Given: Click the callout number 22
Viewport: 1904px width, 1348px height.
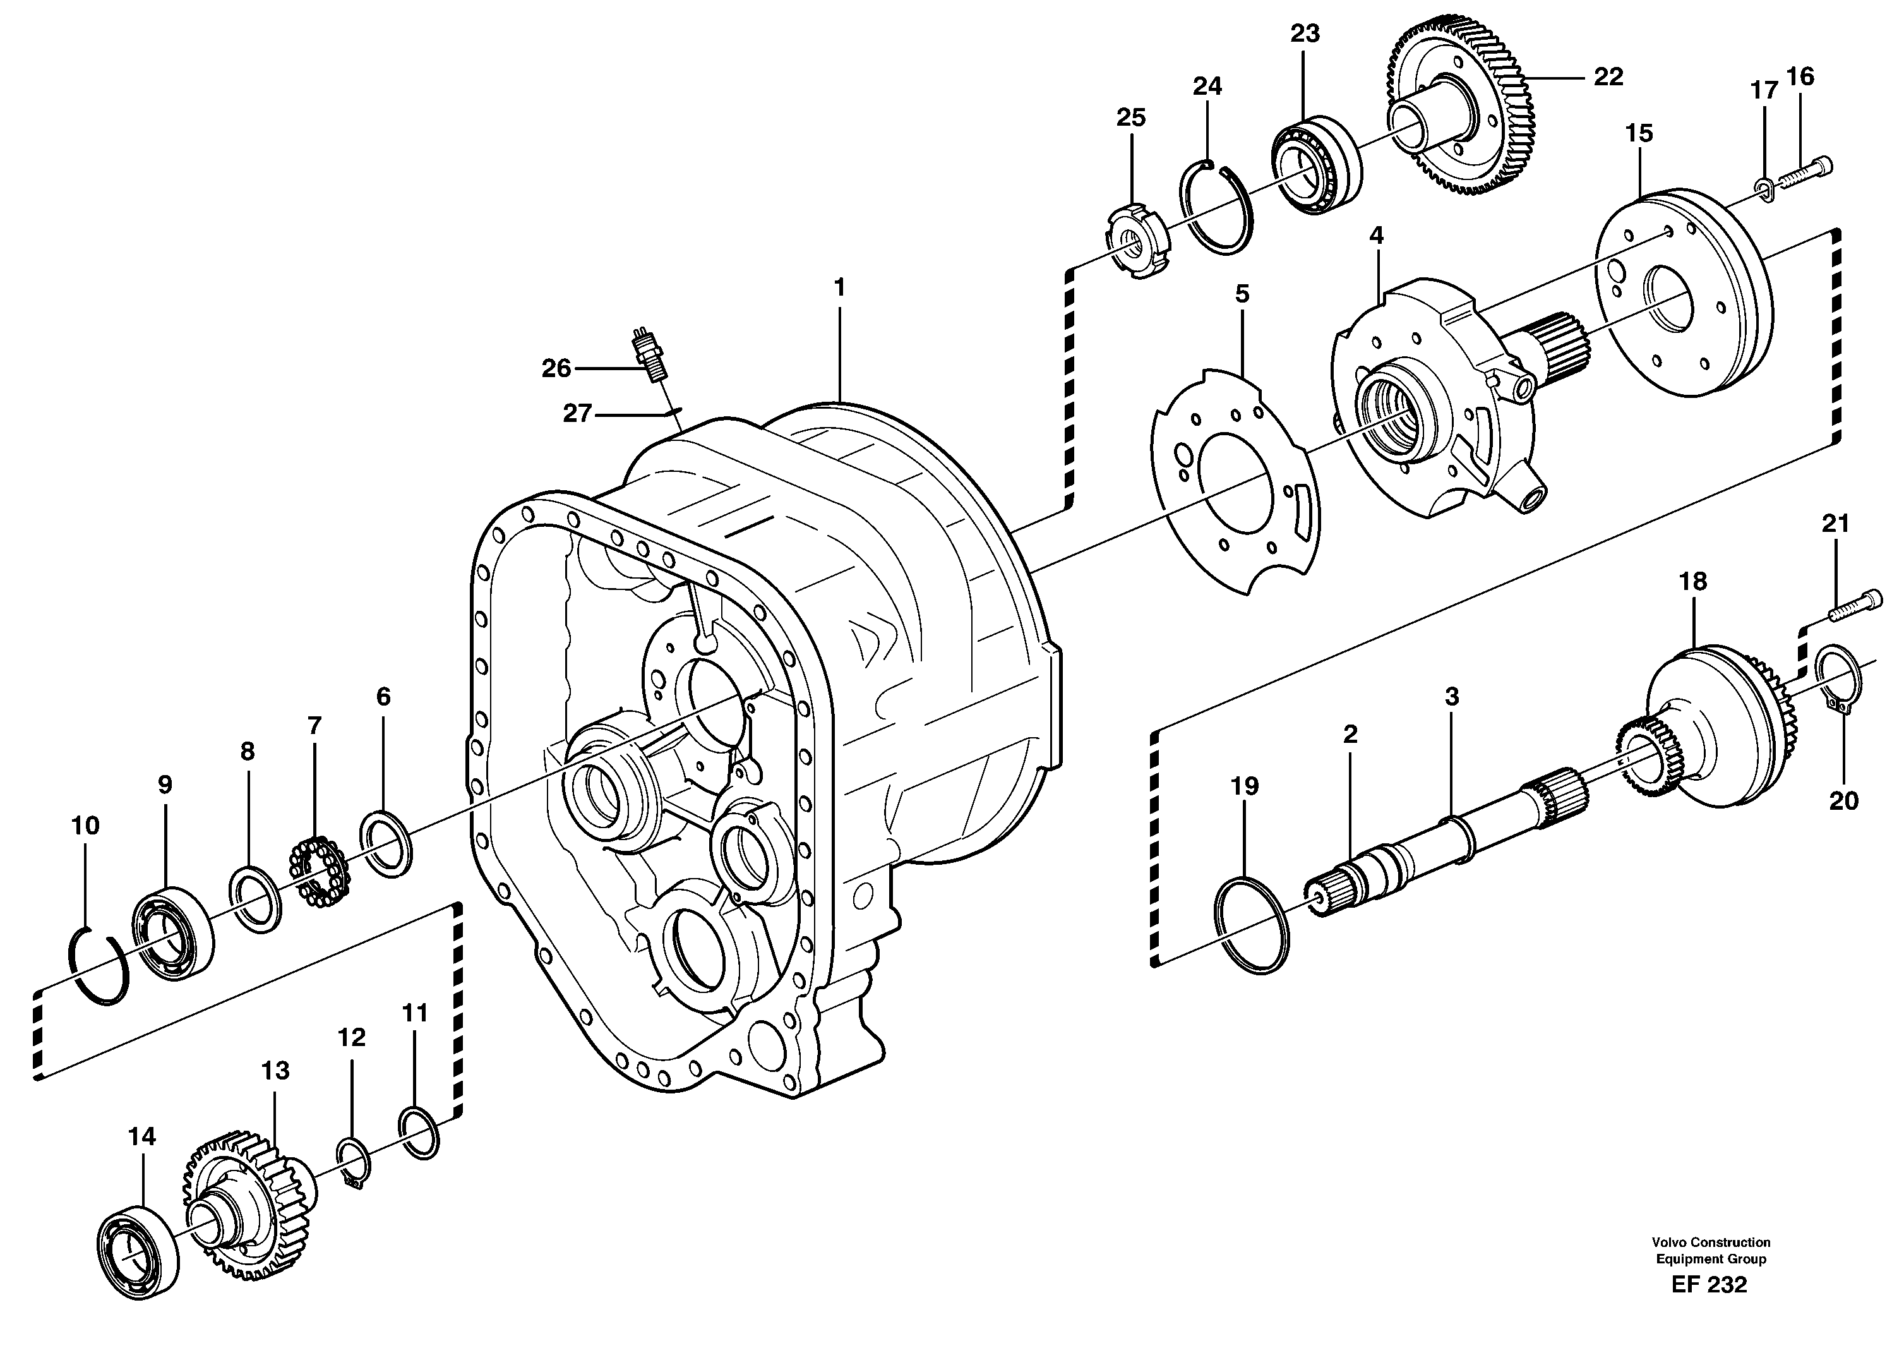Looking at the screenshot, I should click(x=1608, y=76).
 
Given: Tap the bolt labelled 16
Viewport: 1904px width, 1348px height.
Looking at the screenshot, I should click(x=1804, y=172).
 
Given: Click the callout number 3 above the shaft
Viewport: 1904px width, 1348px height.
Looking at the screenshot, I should click(x=1451, y=696).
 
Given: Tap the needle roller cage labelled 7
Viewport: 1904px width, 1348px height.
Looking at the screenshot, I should click(x=317, y=870).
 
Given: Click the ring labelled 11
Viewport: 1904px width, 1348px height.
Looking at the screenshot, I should click(x=418, y=1131).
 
